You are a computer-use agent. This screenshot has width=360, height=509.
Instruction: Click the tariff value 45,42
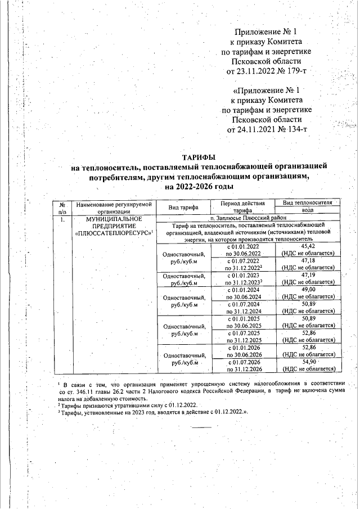[308, 246]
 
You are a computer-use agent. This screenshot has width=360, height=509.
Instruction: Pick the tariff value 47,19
[308, 275]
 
